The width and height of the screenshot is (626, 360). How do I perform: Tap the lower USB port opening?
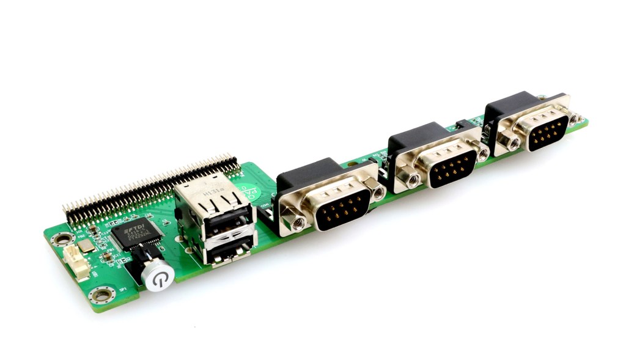click(229, 252)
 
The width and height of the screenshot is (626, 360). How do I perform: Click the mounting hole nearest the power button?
click(101, 296)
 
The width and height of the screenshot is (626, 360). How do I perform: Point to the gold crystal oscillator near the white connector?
click(87, 246)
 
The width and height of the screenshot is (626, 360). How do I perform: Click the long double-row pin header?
click(150, 189)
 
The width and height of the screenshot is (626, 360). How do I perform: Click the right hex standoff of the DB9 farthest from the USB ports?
click(575, 120)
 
